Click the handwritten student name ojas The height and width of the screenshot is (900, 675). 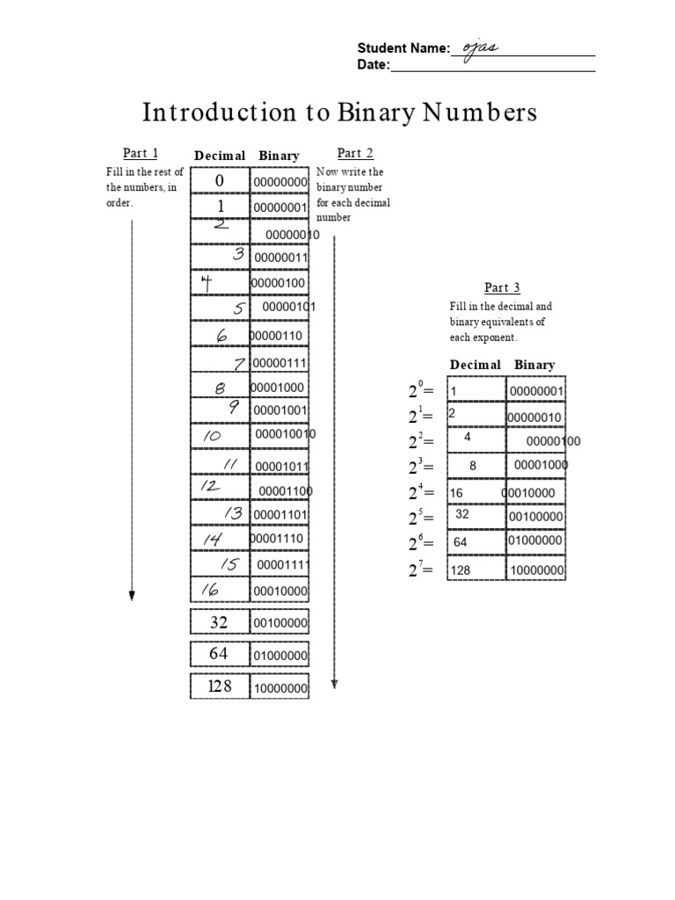coord(481,47)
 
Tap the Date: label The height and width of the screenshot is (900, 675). coord(373,65)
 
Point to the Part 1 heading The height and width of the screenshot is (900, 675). coord(141,154)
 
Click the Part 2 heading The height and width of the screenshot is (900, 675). coord(355,154)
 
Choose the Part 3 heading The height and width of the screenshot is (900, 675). coord(502,287)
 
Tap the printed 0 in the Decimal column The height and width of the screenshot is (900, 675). coord(220,180)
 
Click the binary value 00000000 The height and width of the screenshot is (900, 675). coord(280,182)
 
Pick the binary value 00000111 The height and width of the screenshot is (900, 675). coord(280,363)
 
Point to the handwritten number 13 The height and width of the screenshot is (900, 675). coord(233,513)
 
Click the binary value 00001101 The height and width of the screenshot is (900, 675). coord(280,514)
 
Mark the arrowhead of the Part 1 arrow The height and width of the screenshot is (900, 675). coord(132,596)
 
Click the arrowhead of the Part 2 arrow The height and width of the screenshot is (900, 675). coord(335,683)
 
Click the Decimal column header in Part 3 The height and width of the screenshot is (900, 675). coord(475,365)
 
